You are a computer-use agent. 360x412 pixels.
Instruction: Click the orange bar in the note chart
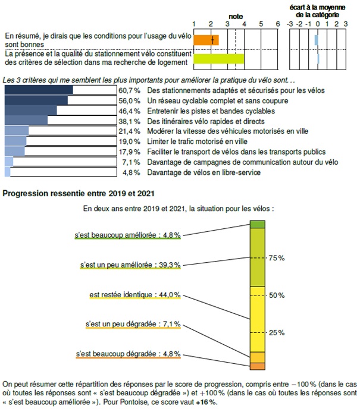pos(206,40)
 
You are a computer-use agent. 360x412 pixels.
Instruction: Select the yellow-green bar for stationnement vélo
pos(219,59)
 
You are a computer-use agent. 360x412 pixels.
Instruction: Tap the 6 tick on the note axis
pos(278,24)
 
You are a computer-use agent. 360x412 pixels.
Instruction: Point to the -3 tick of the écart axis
pos(290,24)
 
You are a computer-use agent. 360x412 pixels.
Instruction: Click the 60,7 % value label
pos(129,90)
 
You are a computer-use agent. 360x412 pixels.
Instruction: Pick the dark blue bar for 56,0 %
pos(36,100)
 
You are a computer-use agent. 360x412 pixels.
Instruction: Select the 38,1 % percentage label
pos(129,121)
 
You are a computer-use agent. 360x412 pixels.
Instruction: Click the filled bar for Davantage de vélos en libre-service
pos(8,172)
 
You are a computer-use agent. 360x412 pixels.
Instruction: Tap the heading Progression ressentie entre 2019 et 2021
pos(79,193)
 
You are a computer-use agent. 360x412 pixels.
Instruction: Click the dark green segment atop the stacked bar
pos(258,224)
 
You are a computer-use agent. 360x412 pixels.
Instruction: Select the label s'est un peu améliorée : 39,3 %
pos(130,265)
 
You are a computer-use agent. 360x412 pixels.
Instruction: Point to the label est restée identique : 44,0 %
pos(135,295)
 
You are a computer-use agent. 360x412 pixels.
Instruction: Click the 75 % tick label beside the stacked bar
pos(277,258)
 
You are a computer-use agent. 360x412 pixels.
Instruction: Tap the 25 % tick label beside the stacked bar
pos(277,333)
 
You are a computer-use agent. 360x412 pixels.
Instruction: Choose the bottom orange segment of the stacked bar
pos(258,366)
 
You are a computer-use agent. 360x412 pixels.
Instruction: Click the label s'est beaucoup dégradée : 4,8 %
pos(129,354)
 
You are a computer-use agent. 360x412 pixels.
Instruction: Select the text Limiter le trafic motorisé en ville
pos(197,141)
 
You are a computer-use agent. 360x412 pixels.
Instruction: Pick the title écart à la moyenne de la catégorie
pos(317,11)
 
